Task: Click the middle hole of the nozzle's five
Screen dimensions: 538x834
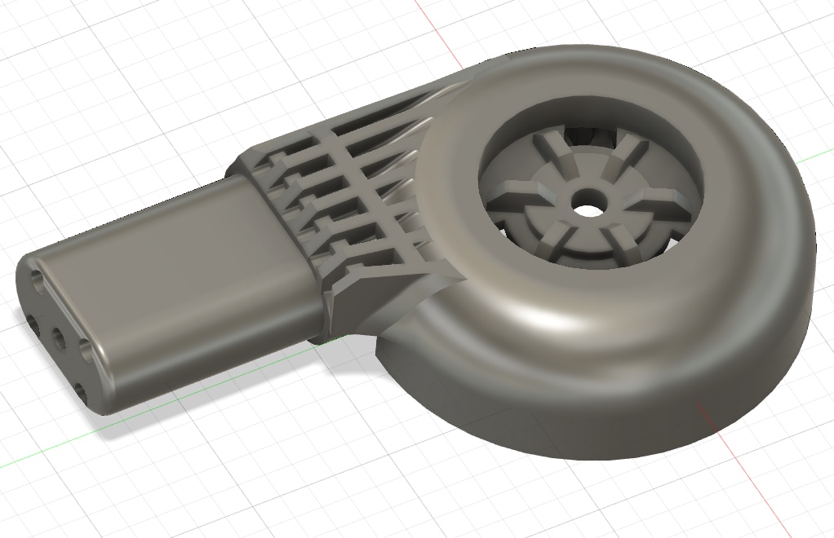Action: pyautogui.click(x=59, y=335)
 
